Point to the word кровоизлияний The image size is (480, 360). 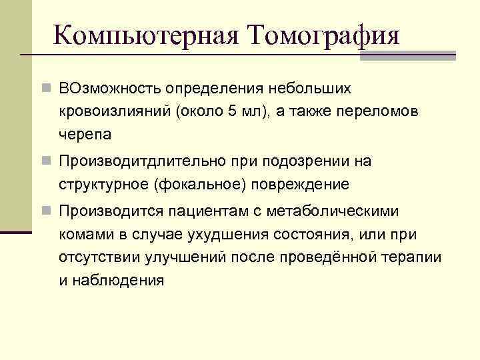[115, 111]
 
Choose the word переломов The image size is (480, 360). [382, 111]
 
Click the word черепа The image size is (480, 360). [85, 133]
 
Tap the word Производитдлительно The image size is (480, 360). [151, 161]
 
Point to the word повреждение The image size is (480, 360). [293, 184]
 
